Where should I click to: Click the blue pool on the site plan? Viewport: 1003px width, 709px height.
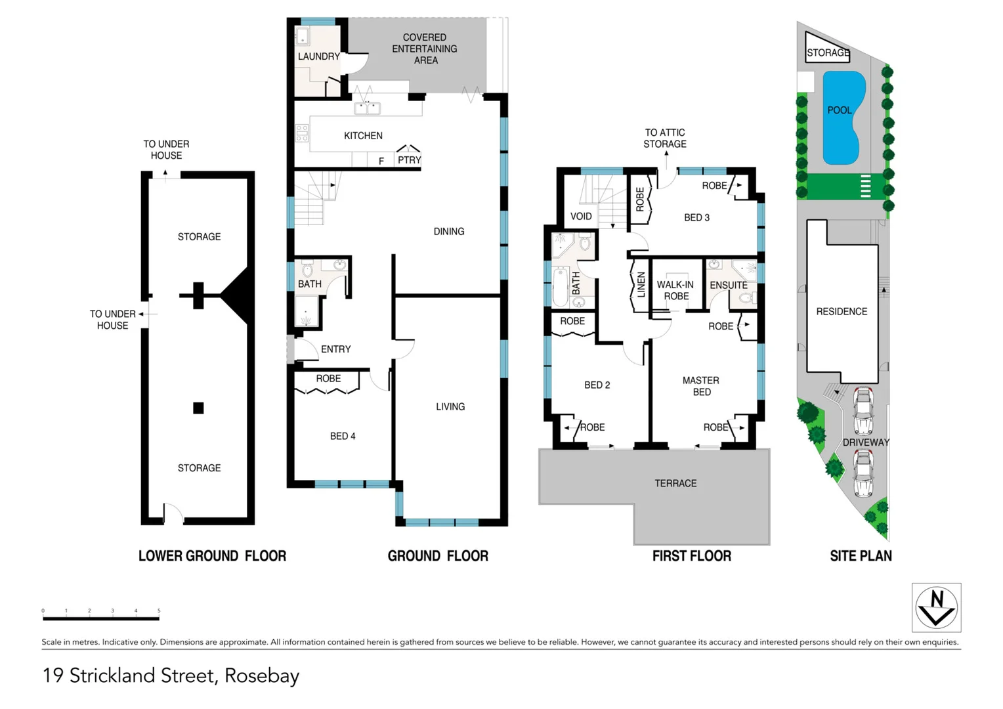(x=843, y=118)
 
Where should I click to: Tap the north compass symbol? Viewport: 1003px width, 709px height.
(x=936, y=607)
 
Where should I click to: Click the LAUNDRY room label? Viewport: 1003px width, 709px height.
(x=318, y=56)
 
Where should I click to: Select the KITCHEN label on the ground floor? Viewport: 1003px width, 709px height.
(x=363, y=136)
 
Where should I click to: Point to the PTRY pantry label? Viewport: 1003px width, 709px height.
(x=409, y=160)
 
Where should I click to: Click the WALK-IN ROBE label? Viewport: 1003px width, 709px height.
(x=675, y=290)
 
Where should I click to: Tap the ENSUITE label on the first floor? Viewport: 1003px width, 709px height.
(x=728, y=285)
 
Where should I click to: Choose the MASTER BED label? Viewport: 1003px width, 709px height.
(x=701, y=386)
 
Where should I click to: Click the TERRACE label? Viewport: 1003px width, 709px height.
(x=675, y=483)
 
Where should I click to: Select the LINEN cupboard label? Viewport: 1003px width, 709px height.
(x=641, y=285)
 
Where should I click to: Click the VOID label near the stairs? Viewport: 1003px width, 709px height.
(x=581, y=216)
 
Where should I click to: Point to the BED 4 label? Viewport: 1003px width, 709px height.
(x=343, y=436)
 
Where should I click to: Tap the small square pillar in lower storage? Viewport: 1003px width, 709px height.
(x=198, y=408)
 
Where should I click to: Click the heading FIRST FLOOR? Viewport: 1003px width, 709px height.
(x=691, y=556)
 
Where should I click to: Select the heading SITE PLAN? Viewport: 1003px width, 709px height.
(x=861, y=556)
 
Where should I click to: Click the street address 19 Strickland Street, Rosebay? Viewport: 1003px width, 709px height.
(x=171, y=676)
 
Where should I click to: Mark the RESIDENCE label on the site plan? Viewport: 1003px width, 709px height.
(x=842, y=311)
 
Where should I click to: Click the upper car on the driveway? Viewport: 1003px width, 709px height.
(x=863, y=410)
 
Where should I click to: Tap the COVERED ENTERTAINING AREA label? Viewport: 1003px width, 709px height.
(x=425, y=49)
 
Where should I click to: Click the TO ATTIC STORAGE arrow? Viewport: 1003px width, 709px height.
(x=666, y=155)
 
